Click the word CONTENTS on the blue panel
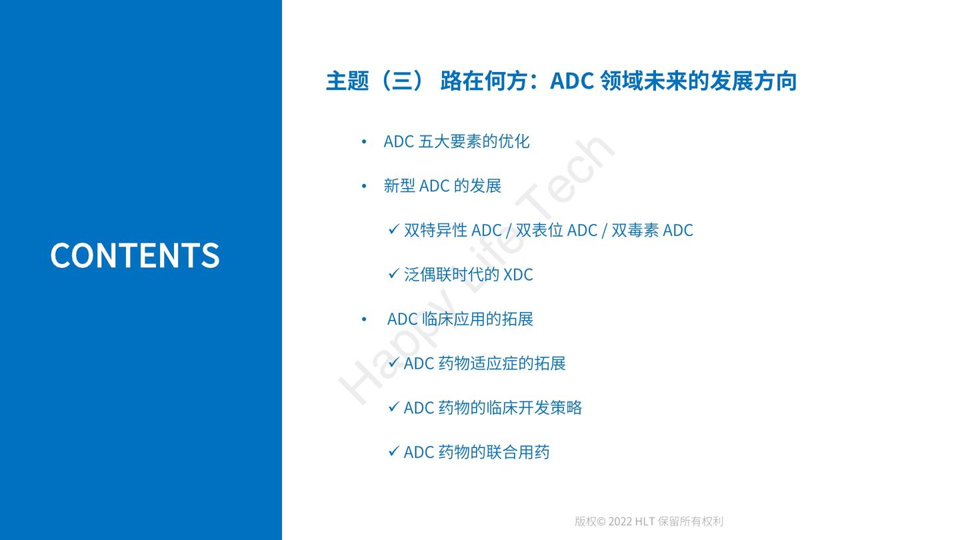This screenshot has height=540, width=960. coord(135,255)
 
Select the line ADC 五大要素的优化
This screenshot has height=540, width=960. coord(457,141)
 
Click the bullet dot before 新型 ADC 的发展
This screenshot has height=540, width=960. coord(364,186)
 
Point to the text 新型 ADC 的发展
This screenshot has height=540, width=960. coord(443,186)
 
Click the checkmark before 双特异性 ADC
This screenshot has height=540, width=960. coord(393,230)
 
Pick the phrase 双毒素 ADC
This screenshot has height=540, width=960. coord(652,230)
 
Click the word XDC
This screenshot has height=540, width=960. coord(518,275)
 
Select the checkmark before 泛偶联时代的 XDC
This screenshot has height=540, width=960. coord(393,274)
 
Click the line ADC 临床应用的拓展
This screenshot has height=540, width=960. coord(460,319)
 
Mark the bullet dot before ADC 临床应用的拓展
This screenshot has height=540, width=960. coord(364,319)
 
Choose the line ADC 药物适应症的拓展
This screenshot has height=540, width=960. coord(485,363)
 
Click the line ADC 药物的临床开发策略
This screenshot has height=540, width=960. coord(493,407)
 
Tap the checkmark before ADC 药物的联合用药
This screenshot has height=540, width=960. coord(393,451)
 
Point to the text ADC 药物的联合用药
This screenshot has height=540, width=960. coord(477,452)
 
